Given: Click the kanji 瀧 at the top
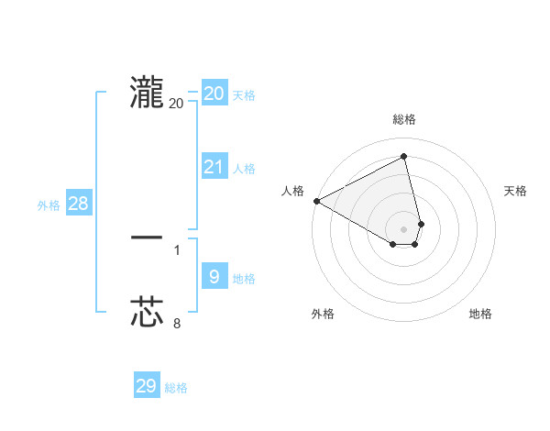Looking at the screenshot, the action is tap(147, 92).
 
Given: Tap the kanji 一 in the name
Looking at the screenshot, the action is tap(147, 238).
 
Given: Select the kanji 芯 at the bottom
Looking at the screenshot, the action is tap(147, 312).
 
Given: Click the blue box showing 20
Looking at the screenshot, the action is tap(214, 94).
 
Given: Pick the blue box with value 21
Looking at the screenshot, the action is tap(214, 167).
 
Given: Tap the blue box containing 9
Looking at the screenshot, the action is tap(214, 277).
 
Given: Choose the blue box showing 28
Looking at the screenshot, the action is tap(79, 204).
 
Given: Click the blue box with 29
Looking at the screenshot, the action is tap(147, 386).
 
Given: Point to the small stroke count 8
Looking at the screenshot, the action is tap(177, 323).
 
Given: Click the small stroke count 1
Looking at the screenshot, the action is tap(177, 249).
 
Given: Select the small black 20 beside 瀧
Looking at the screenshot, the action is tap(177, 103).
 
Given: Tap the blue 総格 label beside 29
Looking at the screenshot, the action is tap(176, 388).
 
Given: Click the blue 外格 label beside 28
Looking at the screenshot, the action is tap(49, 205).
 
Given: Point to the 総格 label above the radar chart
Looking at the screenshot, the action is tap(404, 119).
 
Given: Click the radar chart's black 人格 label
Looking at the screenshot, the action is tap(292, 191).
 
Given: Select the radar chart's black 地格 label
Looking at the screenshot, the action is tap(480, 314).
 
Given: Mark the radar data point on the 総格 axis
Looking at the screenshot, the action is tap(404, 157).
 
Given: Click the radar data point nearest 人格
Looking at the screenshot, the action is tap(316, 201).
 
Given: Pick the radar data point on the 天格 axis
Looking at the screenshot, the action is tap(421, 224).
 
